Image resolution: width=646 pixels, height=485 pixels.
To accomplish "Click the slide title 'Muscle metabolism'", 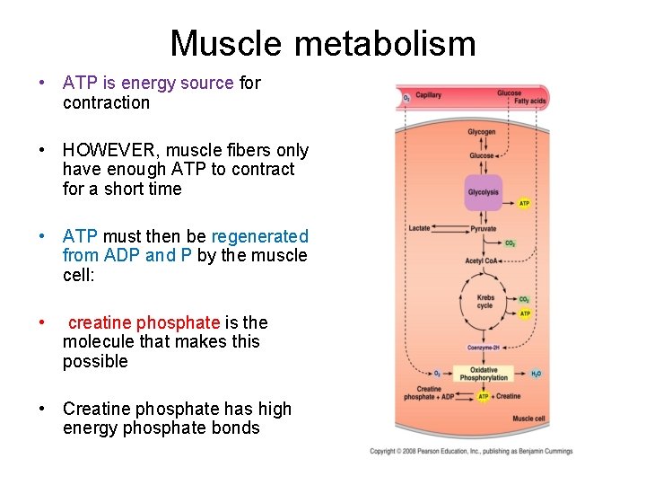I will coord(323,42).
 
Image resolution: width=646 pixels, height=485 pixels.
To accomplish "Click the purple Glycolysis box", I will coord(483,192).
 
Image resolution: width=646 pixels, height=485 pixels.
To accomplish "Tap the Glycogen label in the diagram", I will coord(482,132).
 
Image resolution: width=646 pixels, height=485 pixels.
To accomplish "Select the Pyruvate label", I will coord(483,229).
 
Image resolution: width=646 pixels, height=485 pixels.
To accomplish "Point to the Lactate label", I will coord(419,229).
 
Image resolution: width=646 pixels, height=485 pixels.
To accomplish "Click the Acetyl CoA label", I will coord(480,260).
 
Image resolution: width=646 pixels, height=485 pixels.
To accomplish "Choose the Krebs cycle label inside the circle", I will coord(485,302).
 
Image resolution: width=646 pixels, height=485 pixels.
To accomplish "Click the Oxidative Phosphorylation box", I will coord(483,373).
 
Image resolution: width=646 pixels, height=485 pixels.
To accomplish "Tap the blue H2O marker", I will coord(536,373).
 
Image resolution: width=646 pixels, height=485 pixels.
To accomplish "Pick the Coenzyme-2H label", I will coord(483,347).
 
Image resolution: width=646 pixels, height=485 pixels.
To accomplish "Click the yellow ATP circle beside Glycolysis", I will coord(525,203).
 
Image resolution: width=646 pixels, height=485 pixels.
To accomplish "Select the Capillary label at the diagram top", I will coord(428,95).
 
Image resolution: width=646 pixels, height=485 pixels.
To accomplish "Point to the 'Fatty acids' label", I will coord(529,101).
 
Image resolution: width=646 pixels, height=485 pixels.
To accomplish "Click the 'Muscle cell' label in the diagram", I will coord(528,419).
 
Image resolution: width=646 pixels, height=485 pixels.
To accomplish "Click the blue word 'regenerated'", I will coord(259,236).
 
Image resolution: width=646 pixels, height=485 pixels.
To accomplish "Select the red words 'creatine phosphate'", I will coord(144,322).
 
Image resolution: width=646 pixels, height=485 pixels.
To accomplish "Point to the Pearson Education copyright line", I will coord(470,451).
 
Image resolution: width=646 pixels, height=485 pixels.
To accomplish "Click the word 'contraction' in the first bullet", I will coord(106,102).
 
